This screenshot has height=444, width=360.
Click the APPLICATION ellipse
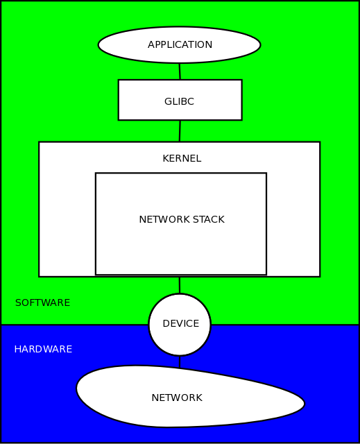[x=125, y=45]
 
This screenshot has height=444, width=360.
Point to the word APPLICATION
[x=180, y=45]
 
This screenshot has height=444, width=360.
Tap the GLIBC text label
[x=179, y=101]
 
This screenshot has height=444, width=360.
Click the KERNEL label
[x=181, y=158]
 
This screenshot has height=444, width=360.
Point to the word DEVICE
[x=180, y=324]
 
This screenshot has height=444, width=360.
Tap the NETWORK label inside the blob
[x=177, y=398]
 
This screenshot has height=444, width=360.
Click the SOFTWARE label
[x=42, y=303]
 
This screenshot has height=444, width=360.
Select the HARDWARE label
[x=43, y=349]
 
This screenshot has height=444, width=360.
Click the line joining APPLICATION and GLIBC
[x=180, y=71]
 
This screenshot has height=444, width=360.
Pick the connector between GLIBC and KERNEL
[x=180, y=131]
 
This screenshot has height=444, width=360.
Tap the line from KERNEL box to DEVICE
[x=180, y=285]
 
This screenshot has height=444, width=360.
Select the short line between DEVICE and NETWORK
[x=180, y=361]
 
